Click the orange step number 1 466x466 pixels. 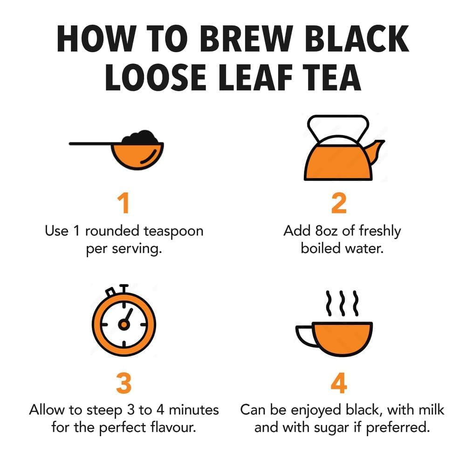(x=123, y=204)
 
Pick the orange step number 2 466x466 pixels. (x=339, y=204)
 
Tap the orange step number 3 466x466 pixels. (x=123, y=383)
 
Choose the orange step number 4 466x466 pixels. (x=339, y=383)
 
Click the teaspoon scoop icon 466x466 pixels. (x=137, y=154)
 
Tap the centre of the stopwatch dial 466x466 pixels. (x=123, y=324)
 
